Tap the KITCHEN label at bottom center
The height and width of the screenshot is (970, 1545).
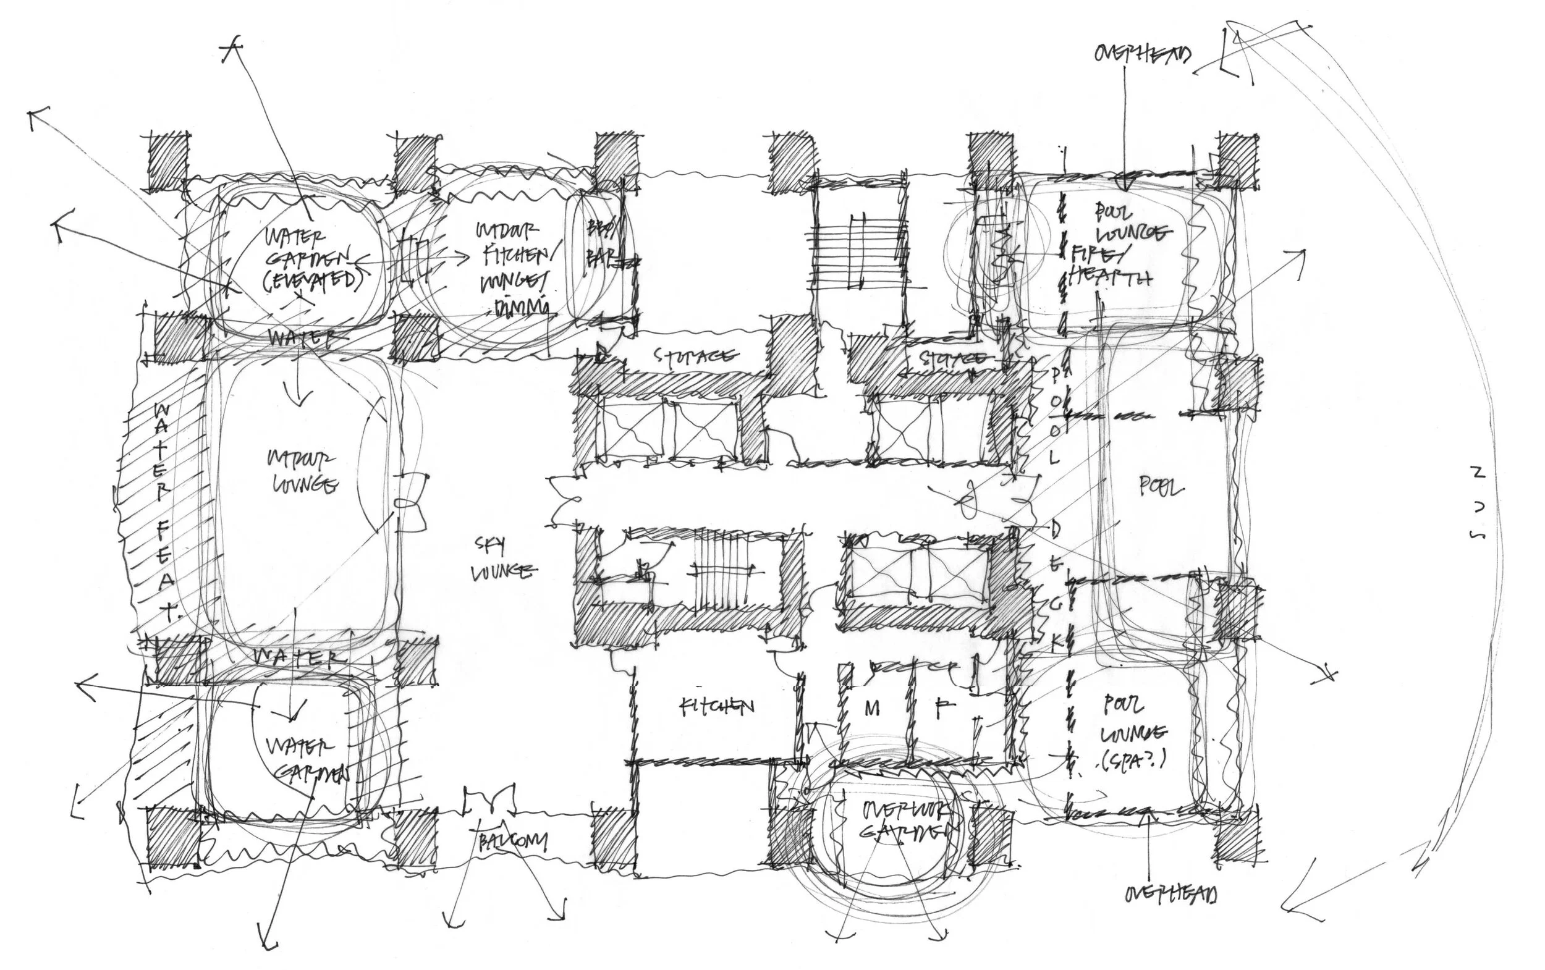click(716, 707)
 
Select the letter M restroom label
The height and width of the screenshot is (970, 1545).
click(871, 709)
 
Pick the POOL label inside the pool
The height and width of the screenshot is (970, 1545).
click(1161, 488)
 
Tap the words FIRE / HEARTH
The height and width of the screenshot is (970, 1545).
click(1109, 266)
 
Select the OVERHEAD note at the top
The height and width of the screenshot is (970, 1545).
click(1142, 54)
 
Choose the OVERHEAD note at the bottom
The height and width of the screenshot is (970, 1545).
click(1170, 893)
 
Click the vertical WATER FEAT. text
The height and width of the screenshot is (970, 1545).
click(164, 513)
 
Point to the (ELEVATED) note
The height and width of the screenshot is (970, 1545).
click(310, 282)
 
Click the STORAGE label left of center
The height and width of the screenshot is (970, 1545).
click(695, 356)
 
